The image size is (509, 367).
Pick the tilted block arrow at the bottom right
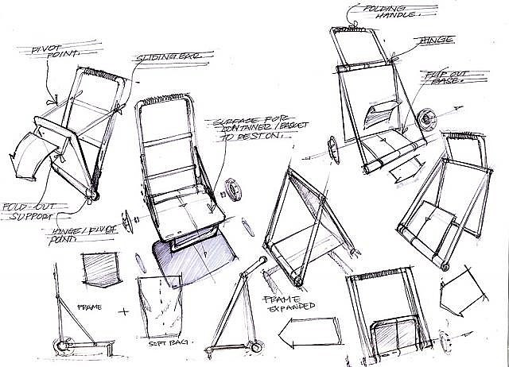[x=466, y=288]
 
